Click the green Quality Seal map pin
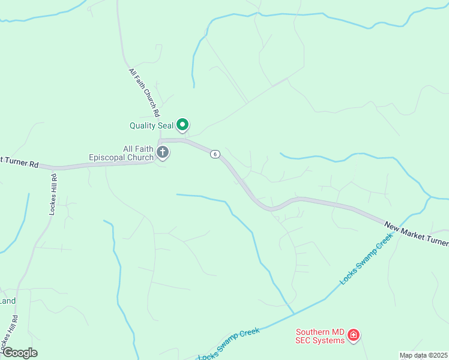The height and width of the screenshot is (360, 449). pos(182,125)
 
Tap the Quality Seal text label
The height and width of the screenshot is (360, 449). pos(151,125)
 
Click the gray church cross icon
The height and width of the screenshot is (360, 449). pos(163,152)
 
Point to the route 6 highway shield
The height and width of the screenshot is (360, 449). pos(215,154)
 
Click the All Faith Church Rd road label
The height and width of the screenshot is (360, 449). pos(144,92)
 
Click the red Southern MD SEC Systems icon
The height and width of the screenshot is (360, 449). pos(354,335)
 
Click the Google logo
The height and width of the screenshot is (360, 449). pos(19,352)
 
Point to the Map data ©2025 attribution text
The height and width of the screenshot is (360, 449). pos(424,355)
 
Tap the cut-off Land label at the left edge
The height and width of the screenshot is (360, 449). pos(7,301)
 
